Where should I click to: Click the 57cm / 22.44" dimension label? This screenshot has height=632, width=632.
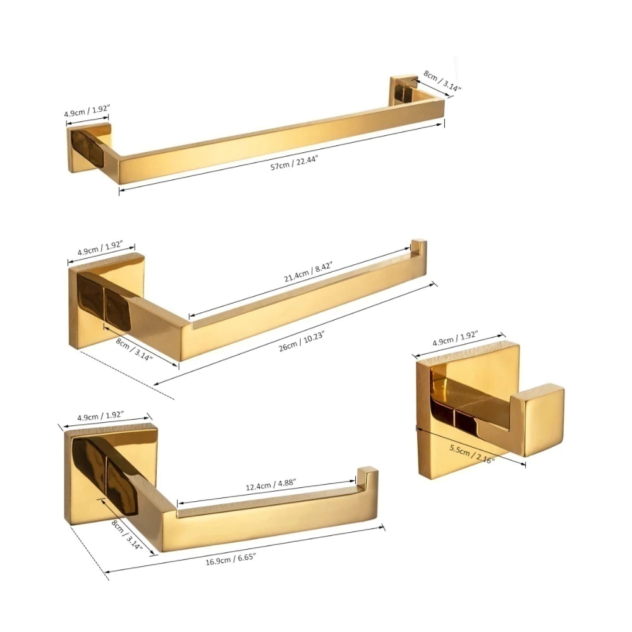(295, 162)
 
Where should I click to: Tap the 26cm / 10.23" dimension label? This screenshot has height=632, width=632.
(301, 341)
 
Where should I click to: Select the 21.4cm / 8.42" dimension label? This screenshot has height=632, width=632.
(308, 272)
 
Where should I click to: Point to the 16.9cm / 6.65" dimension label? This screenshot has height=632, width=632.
(231, 559)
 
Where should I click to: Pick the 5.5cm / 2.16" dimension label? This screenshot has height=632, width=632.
(472, 454)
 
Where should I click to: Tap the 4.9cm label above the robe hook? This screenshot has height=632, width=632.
(455, 338)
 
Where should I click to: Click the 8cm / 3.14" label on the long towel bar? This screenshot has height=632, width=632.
(442, 81)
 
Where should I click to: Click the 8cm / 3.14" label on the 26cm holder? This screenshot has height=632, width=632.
(134, 349)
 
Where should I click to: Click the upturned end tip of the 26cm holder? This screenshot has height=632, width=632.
(418, 246)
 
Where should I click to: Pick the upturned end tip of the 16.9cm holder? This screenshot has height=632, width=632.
(367, 476)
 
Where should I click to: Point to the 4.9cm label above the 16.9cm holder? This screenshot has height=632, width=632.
(100, 416)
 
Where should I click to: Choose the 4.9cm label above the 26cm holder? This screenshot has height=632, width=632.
(100, 248)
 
